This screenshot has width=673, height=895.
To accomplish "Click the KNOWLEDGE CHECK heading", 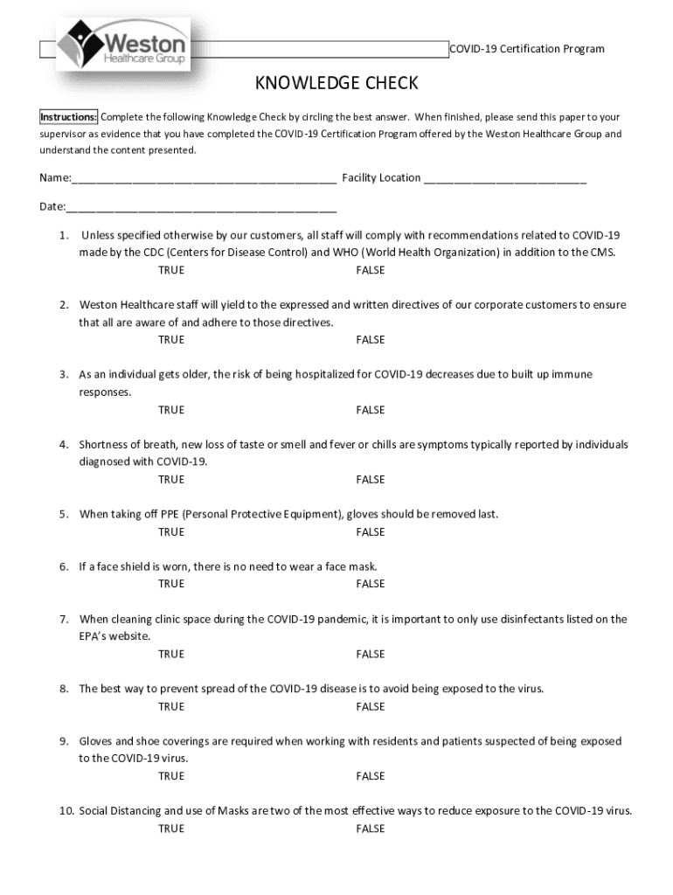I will click(x=336, y=84).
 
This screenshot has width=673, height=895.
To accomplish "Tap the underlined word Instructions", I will click(x=68, y=117).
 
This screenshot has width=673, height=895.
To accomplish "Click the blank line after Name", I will click(x=204, y=179).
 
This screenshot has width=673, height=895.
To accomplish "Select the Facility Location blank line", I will click(x=504, y=179).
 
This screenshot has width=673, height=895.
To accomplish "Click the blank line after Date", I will click(x=201, y=208).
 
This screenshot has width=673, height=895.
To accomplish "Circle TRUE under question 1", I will click(x=171, y=270).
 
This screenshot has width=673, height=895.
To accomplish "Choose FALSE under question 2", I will click(x=370, y=340).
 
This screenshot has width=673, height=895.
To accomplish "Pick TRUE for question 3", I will click(x=171, y=410).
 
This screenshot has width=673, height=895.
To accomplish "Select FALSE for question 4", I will click(x=370, y=480).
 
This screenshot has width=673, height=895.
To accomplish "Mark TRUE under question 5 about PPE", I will click(x=171, y=532).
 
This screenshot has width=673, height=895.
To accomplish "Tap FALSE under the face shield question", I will click(x=370, y=584).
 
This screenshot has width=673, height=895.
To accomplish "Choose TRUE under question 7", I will click(x=171, y=654).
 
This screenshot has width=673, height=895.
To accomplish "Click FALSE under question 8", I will click(x=370, y=706).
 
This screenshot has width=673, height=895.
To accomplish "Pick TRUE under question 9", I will click(x=171, y=776).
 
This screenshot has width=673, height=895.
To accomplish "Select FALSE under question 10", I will click(x=370, y=829).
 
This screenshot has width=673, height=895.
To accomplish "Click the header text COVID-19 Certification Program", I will click(x=526, y=49).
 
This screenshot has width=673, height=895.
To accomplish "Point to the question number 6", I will click(x=64, y=567).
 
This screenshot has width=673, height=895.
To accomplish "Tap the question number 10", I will click(x=66, y=811).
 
